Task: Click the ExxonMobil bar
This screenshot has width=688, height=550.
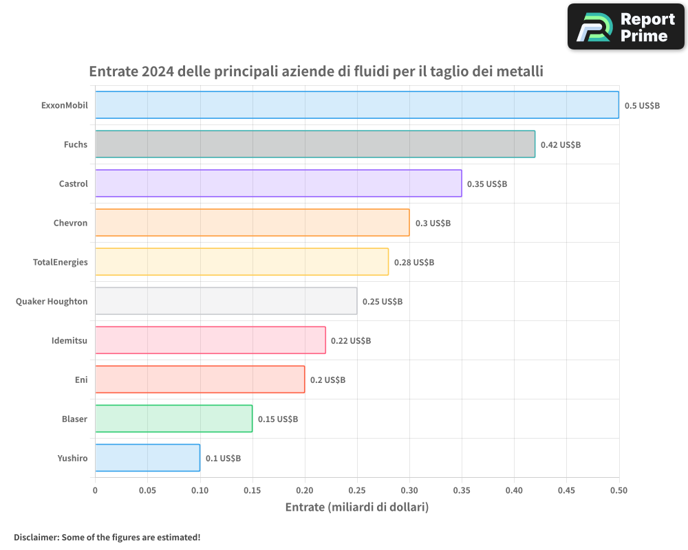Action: pyautogui.click(x=356, y=105)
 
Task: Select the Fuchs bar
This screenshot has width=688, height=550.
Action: pyautogui.click(x=314, y=144)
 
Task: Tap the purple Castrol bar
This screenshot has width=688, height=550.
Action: pyautogui.click(x=278, y=184)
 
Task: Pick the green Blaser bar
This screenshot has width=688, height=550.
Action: pyautogui.click(x=173, y=419)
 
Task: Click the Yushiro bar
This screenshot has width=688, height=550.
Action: pyautogui.click(x=147, y=458)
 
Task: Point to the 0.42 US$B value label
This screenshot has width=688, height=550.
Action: pyautogui.click(x=560, y=145)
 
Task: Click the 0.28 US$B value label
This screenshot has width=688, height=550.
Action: pyautogui.click(x=414, y=263)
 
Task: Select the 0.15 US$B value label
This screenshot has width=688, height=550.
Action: pyautogui.click(x=278, y=419)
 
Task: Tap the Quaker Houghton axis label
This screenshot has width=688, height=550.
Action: pyautogui.click(x=52, y=301)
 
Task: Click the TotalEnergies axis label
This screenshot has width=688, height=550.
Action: pyautogui.click(x=61, y=262)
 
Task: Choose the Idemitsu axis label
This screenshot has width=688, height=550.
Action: pyautogui.click(x=69, y=340)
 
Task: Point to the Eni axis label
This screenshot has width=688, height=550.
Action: pyautogui.click(x=81, y=379)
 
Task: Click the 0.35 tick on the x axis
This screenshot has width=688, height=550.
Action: pyautogui.click(x=462, y=491)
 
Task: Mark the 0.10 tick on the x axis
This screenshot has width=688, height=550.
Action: pyautogui.click(x=200, y=491)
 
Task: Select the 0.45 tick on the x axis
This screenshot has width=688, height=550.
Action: pyautogui.click(x=566, y=491)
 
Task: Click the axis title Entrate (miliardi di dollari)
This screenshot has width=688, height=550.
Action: pyautogui.click(x=356, y=507)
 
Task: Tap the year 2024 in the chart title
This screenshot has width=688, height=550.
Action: pyautogui.click(x=156, y=71)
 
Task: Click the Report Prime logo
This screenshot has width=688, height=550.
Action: pyautogui.click(x=625, y=27)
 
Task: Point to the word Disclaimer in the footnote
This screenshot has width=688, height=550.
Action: pyautogui.click(x=35, y=537)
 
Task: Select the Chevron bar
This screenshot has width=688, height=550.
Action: pyautogui.click(x=252, y=223)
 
